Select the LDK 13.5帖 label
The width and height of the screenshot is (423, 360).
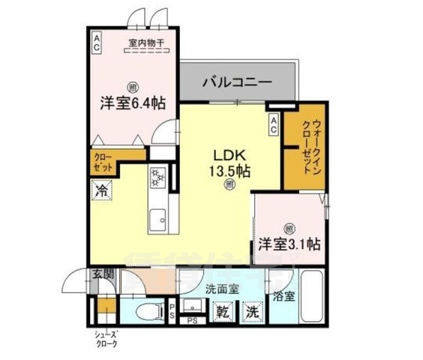point(229,160)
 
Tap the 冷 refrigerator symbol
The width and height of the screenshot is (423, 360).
point(100,192)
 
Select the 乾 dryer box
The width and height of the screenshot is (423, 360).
point(223,310)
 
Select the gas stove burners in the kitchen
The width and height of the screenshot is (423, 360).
point(157,178)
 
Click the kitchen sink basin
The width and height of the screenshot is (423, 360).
point(157,219)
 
